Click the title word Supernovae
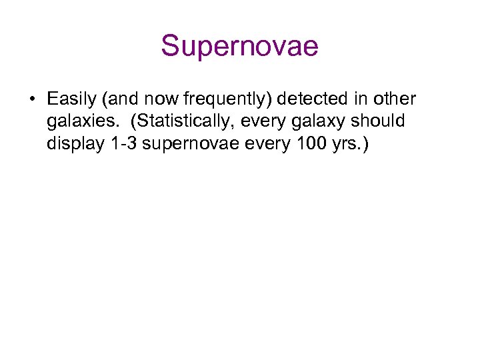(x=239, y=47)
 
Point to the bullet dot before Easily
(x=32, y=100)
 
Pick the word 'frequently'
(x=226, y=100)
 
